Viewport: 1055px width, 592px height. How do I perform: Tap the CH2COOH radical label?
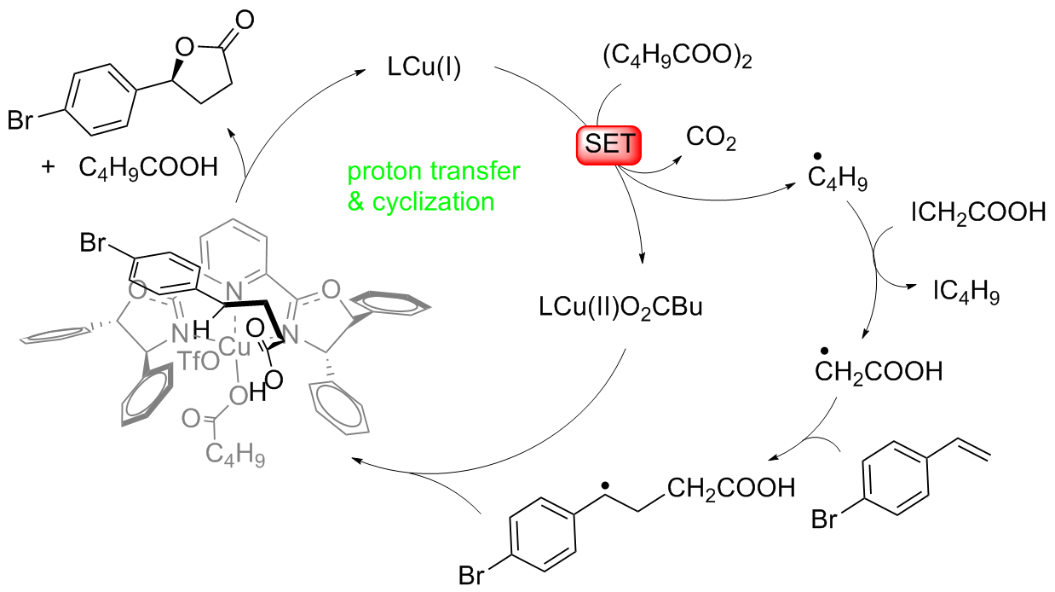(x=878, y=371)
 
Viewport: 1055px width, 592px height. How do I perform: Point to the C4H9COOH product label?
(x=148, y=166)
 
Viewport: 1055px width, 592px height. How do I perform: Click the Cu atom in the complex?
(x=232, y=346)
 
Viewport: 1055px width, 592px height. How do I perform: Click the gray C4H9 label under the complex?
(x=233, y=457)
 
